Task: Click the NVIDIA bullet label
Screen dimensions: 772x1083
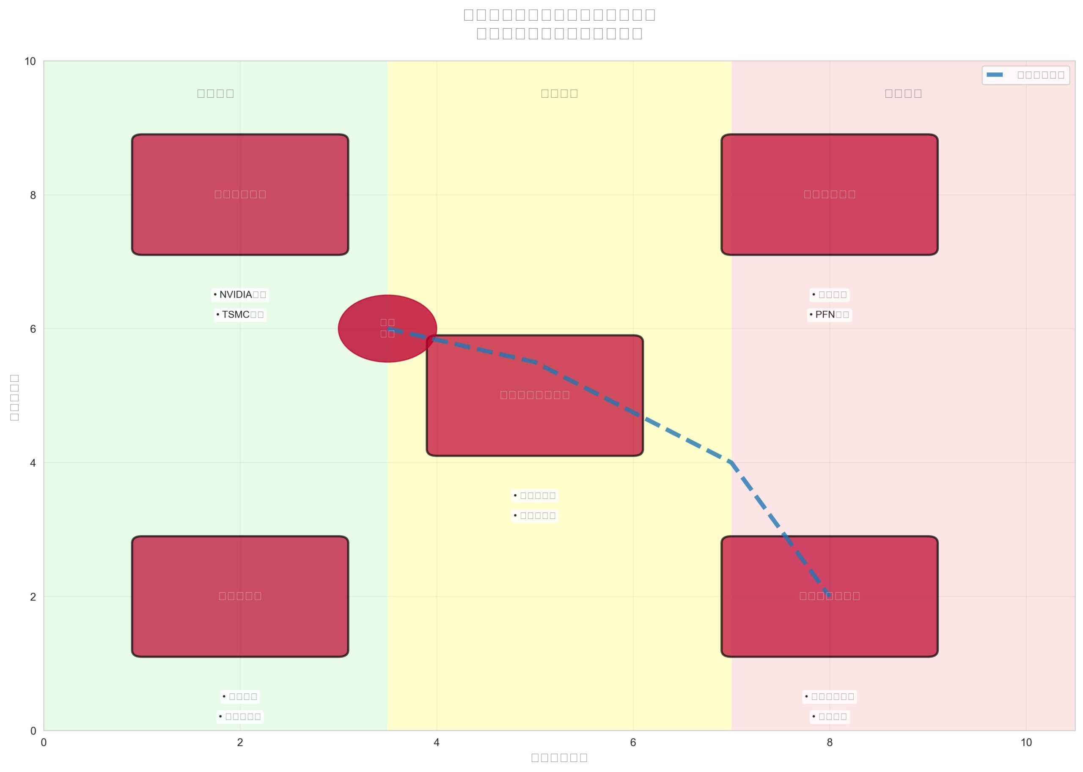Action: pos(240,295)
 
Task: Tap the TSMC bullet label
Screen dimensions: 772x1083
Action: pos(240,315)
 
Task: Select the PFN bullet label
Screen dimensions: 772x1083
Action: pos(829,315)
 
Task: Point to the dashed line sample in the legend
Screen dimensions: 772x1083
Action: pos(995,75)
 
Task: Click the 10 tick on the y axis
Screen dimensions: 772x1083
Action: pos(30,61)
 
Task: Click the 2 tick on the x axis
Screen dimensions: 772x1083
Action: pos(240,742)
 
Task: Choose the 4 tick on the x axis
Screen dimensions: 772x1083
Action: pos(437,742)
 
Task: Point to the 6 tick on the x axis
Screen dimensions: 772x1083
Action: pos(633,742)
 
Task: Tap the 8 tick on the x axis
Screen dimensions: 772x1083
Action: pos(830,742)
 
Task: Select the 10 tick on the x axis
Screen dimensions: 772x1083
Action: pos(1026,742)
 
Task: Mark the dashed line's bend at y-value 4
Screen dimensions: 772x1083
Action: pos(731,463)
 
